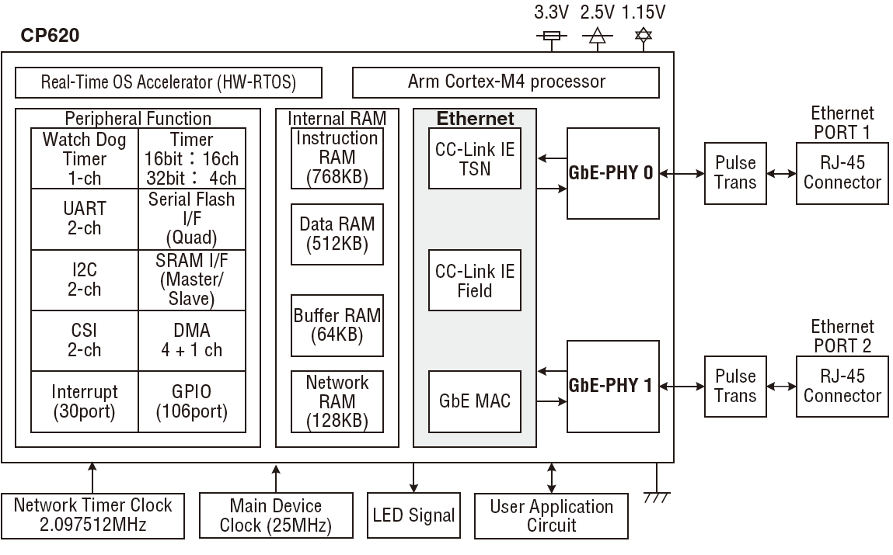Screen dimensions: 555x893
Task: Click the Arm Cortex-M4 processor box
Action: (x=506, y=82)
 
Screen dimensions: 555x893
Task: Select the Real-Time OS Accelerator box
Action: (x=169, y=82)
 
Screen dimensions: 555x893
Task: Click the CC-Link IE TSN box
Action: (x=475, y=158)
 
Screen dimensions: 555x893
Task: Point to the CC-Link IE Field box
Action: (x=475, y=281)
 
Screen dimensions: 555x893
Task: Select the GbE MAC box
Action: (x=475, y=401)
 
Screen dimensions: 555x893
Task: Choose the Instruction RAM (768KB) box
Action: (x=337, y=158)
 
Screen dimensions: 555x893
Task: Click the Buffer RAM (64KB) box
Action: (x=337, y=325)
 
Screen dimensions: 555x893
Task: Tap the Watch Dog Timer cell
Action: (x=85, y=158)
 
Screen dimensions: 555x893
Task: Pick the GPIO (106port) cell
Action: (x=192, y=401)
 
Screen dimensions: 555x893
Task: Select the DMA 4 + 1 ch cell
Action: (x=192, y=341)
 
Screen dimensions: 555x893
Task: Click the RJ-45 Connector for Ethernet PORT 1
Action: (x=842, y=172)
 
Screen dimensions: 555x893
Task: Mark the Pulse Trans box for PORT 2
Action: (x=735, y=386)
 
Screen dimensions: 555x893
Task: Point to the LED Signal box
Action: (x=413, y=515)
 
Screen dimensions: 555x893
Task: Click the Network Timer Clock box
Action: (x=93, y=515)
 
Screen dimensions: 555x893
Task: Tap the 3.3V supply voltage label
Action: (x=551, y=12)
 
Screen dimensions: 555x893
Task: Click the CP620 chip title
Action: (x=51, y=36)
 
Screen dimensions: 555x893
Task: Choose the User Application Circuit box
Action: (x=551, y=515)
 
